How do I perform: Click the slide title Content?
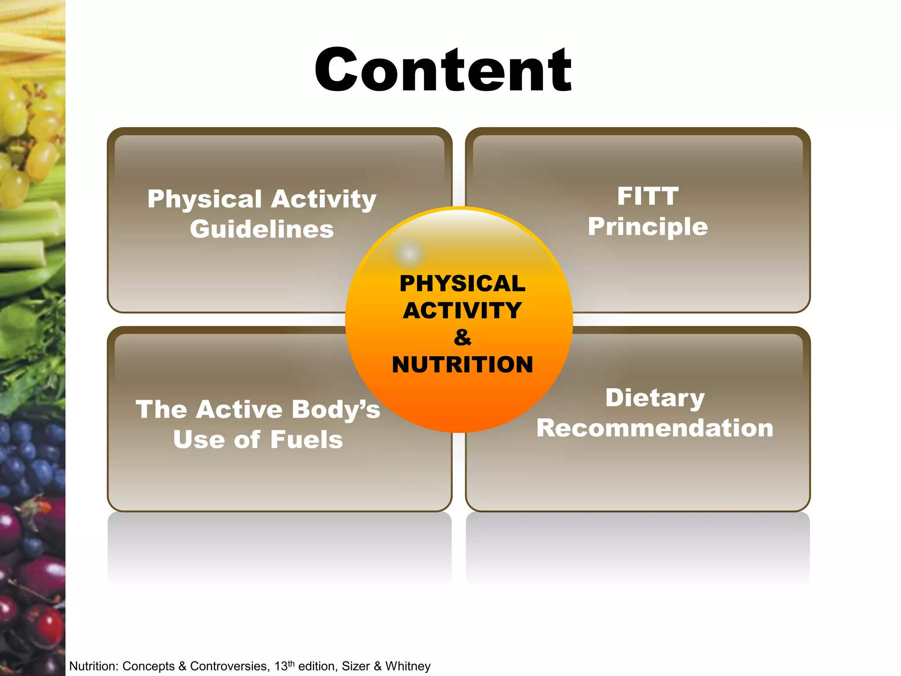coord(443,70)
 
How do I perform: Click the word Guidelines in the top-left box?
coord(262,229)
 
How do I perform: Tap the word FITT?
coord(648,196)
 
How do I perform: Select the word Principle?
coord(648,227)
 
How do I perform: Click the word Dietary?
coord(655,398)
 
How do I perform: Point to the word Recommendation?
coord(655,428)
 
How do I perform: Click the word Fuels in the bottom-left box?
coord(306,440)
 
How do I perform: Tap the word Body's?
coord(336,410)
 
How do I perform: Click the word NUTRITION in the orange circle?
coord(462,365)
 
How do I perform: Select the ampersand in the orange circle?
coord(462,338)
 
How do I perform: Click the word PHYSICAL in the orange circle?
coord(462,283)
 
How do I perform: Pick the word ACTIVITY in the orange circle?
coord(462,311)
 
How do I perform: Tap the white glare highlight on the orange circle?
coord(410,253)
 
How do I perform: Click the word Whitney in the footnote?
coord(408,666)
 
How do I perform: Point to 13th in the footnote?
coord(284,666)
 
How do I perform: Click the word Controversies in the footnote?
coord(229,666)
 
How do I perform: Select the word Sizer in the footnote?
coord(355,666)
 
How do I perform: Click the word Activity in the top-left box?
coord(323,199)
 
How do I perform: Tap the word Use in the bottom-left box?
coord(199,440)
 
